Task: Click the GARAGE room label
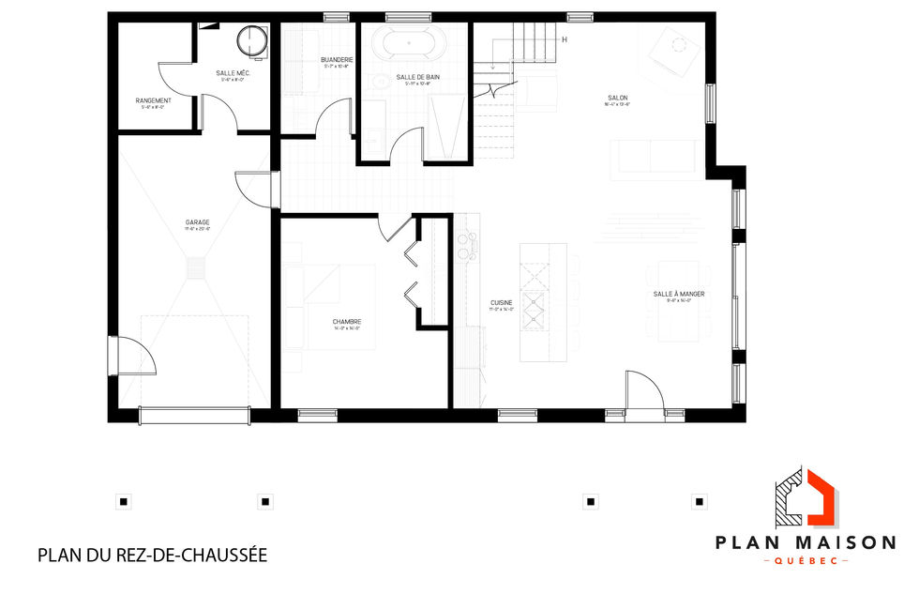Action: click(x=197, y=222)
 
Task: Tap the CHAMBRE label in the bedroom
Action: click(x=347, y=322)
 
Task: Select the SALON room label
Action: click(x=617, y=98)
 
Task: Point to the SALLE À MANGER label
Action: click(x=679, y=294)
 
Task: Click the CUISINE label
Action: click(x=501, y=303)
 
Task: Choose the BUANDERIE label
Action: click(x=336, y=59)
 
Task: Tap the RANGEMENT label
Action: click(x=153, y=99)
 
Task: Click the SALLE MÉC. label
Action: click(x=231, y=72)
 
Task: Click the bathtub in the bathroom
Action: click(x=415, y=42)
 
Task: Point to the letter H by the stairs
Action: click(x=565, y=39)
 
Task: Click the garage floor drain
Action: click(x=196, y=270)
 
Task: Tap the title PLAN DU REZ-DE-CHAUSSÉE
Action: click(x=153, y=555)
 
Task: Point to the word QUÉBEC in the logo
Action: click(x=806, y=560)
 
